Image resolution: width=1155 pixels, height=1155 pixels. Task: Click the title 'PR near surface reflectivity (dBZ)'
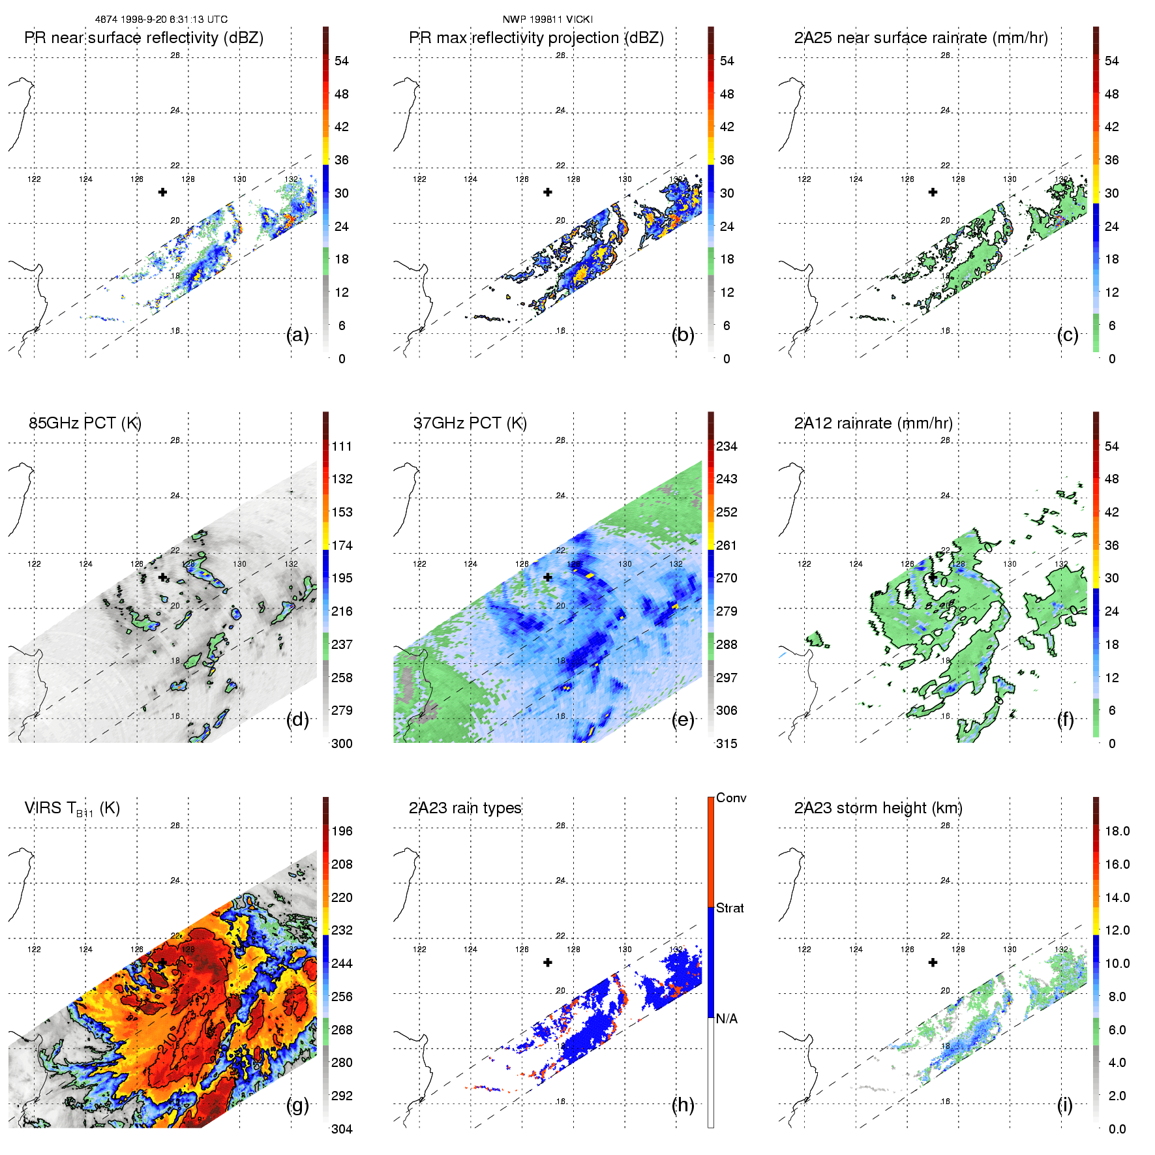[x=143, y=38]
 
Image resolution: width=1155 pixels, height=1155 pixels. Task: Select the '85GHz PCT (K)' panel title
[x=85, y=423]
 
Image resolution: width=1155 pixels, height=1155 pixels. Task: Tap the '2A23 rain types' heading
[x=465, y=808]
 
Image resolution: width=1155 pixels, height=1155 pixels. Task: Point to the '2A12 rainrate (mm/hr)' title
[x=873, y=423]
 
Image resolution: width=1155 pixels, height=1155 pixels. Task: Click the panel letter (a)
[x=297, y=335]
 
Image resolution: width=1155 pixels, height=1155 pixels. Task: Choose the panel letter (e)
[x=683, y=720]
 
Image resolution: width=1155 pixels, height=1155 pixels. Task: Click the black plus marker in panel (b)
[x=548, y=192]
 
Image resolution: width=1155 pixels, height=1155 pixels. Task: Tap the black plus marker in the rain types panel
[x=548, y=963]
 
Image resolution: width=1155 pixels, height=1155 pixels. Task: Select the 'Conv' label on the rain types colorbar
[x=731, y=798]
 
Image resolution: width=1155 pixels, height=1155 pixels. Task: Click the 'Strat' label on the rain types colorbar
[x=730, y=908]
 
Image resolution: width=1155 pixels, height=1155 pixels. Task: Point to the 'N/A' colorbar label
[x=727, y=1019]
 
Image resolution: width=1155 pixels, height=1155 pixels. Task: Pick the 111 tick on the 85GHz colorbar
[x=342, y=446]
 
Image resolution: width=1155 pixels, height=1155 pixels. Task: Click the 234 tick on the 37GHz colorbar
[x=727, y=446]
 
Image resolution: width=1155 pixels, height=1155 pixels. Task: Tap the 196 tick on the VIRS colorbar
[x=342, y=831]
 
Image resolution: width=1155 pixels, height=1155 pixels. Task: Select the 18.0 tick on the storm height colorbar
[x=1117, y=831]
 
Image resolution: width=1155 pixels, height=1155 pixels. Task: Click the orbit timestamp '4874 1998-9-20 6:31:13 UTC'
[x=161, y=20]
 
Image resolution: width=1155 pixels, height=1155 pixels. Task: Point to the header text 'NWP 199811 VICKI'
[x=548, y=20]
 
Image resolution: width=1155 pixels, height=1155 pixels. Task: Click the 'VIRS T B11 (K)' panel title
[x=72, y=809]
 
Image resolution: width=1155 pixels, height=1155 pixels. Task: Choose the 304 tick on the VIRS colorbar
[x=342, y=1129]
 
